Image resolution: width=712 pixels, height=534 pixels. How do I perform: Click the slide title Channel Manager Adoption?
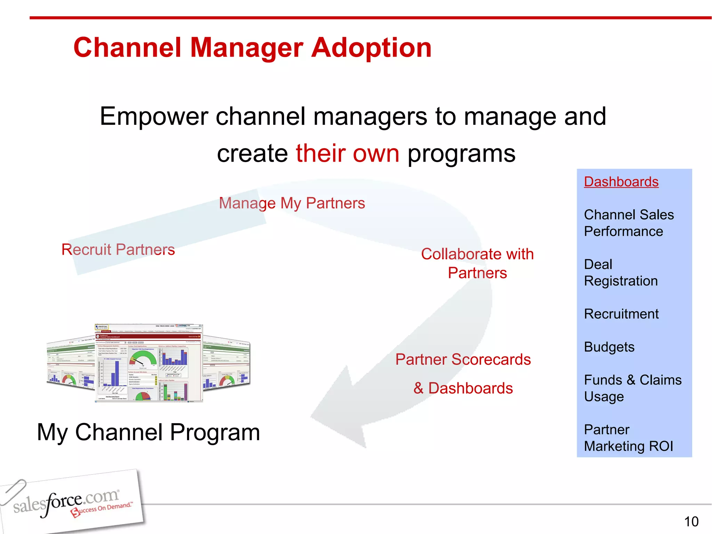click(252, 48)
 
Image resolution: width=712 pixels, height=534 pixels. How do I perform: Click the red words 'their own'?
click(347, 153)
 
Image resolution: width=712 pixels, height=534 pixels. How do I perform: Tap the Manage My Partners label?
click(292, 203)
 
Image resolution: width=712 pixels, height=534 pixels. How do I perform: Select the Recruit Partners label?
click(118, 250)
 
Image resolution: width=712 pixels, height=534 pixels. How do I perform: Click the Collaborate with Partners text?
click(477, 264)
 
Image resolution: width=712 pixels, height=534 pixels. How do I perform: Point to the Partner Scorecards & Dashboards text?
click(463, 374)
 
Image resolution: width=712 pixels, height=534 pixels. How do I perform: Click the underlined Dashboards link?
click(621, 182)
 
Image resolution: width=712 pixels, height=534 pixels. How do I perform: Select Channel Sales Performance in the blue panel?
click(628, 223)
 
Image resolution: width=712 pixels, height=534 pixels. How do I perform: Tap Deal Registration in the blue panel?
click(621, 273)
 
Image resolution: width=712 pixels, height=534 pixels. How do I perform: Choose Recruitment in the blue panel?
click(621, 314)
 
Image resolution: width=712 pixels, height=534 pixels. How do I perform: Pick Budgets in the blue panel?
click(609, 347)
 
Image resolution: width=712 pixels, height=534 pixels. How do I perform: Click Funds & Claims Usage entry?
click(632, 388)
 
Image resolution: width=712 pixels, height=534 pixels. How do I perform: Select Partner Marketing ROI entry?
click(628, 438)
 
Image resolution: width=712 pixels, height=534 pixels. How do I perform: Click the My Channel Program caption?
click(148, 432)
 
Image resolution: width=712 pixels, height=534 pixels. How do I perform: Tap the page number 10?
click(691, 521)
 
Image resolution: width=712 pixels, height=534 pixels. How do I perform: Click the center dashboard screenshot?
click(149, 363)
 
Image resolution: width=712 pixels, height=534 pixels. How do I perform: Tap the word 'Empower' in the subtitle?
click(154, 116)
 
